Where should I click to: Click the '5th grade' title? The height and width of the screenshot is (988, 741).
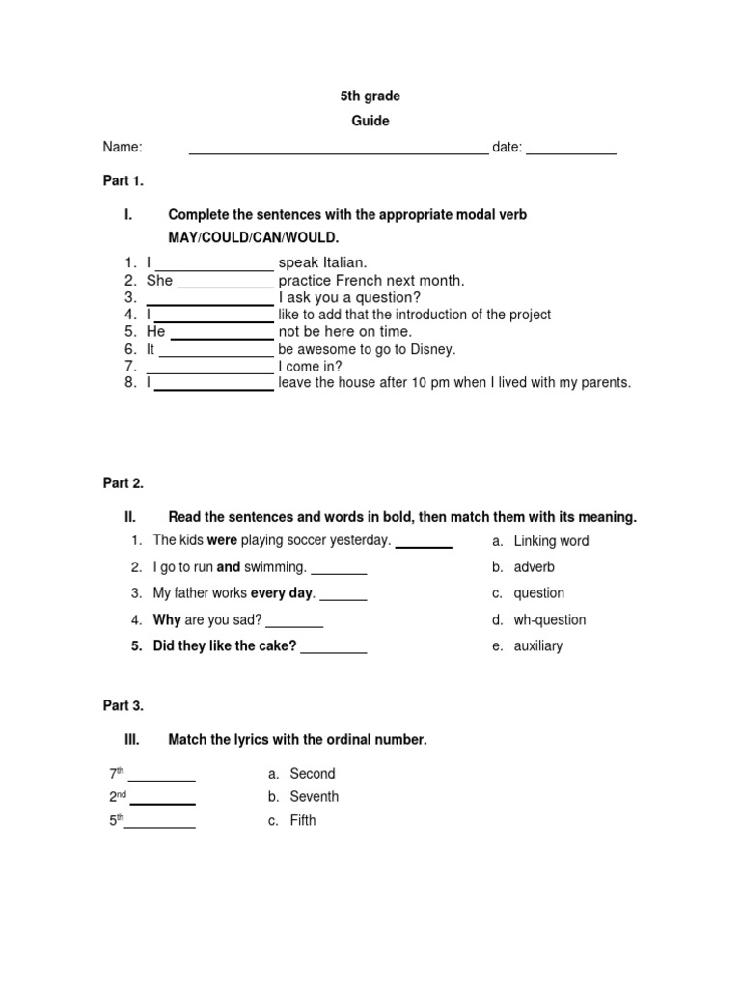click(x=370, y=96)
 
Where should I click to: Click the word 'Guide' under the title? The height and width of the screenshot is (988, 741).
click(x=370, y=122)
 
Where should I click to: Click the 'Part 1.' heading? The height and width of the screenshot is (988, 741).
click(x=123, y=180)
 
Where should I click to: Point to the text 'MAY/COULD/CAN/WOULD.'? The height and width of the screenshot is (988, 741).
click(x=254, y=237)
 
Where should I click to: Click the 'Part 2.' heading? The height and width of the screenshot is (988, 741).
click(x=123, y=483)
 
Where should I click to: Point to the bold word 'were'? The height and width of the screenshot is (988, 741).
click(x=222, y=540)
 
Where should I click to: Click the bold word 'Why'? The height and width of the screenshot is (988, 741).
click(x=167, y=619)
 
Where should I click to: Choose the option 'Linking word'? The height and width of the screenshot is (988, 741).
click(x=551, y=541)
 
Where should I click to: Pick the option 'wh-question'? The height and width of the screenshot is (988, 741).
click(x=550, y=619)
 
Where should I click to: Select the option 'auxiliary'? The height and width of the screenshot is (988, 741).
click(x=538, y=645)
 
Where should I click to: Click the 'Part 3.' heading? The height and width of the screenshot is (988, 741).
click(x=123, y=705)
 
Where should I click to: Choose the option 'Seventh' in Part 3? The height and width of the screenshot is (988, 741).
click(x=315, y=796)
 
